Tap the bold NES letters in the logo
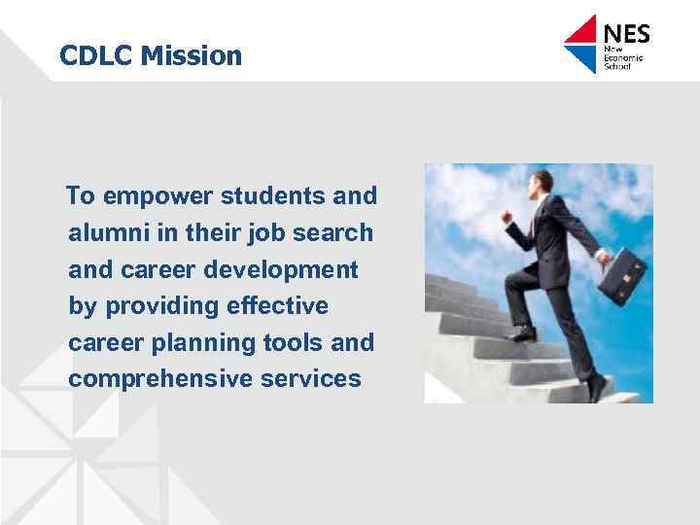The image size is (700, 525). (x=627, y=35)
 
